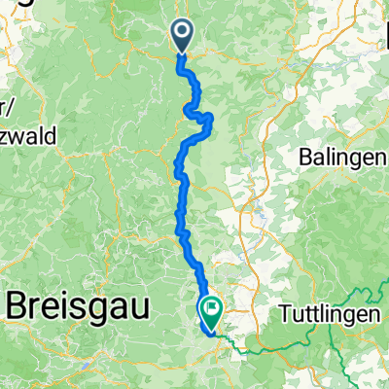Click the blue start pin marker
[x=183, y=37]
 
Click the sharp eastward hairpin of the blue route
[x=211, y=118]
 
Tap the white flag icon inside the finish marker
[x=211, y=307]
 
